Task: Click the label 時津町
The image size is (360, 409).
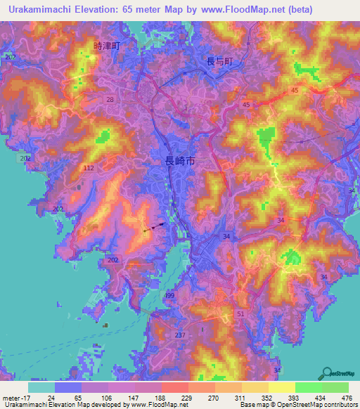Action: click(x=107, y=46)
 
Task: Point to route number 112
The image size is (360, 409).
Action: click(x=89, y=169)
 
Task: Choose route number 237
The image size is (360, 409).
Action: click(x=180, y=335)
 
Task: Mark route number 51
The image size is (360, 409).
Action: click(x=241, y=314)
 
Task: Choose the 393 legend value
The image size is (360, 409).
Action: click(x=282, y=397)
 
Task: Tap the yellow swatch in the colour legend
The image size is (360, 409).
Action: click(x=282, y=387)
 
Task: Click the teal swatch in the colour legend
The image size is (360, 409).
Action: click(x=41, y=387)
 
